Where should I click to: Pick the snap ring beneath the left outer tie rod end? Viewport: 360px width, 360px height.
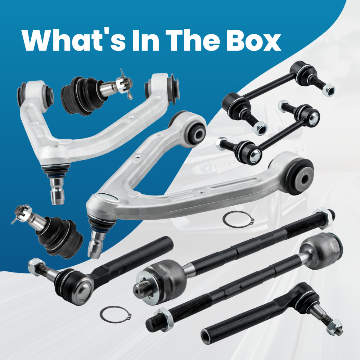[x=115, y=315]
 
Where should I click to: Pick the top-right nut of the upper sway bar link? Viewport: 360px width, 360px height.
[x=328, y=88]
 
